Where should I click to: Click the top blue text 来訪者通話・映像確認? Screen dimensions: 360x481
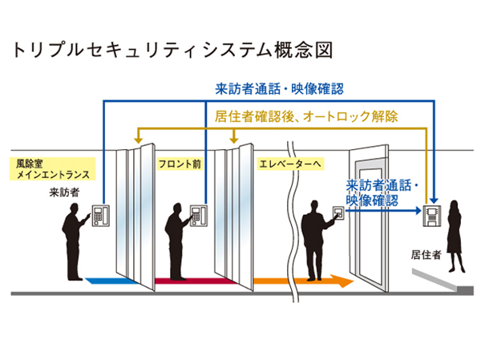coord(279,88)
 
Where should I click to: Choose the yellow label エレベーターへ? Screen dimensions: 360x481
coord(289,163)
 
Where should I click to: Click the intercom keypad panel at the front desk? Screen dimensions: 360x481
coord(200,214)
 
